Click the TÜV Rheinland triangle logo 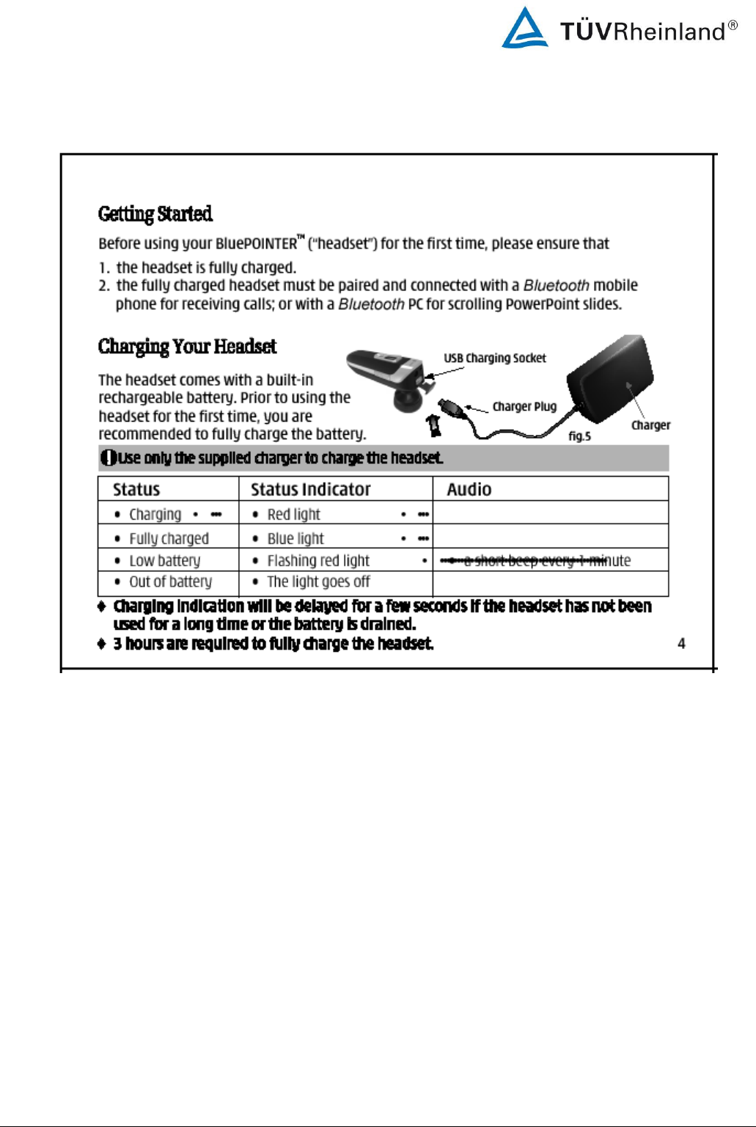(524, 29)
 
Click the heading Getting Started (155, 213)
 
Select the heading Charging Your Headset (188, 346)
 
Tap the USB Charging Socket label (495, 358)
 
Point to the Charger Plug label (524, 406)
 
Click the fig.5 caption (579, 436)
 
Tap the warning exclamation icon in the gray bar (108, 458)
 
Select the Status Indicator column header (311, 489)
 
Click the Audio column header (469, 489)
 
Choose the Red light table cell (294, 514)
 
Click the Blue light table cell (296, 538)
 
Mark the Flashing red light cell (318, 560)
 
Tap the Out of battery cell (170, 581)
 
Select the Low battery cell (164, 560)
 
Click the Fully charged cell (169, 538)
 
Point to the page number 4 (681, 643)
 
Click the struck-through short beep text (535, 560)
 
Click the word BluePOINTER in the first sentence (257, 243)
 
